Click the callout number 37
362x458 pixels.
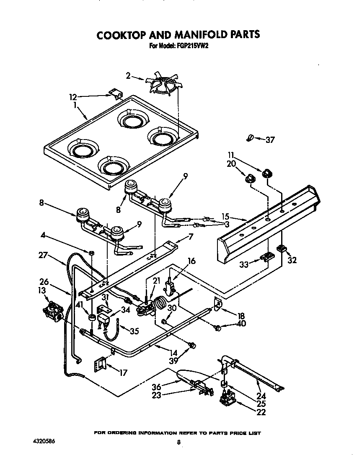tap(270, 140)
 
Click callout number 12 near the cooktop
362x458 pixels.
tap(73, 97)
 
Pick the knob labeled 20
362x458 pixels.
tap(250, 179)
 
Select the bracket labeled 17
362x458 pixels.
tap(99, 363)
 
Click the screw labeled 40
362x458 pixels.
tap(218, 329)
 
